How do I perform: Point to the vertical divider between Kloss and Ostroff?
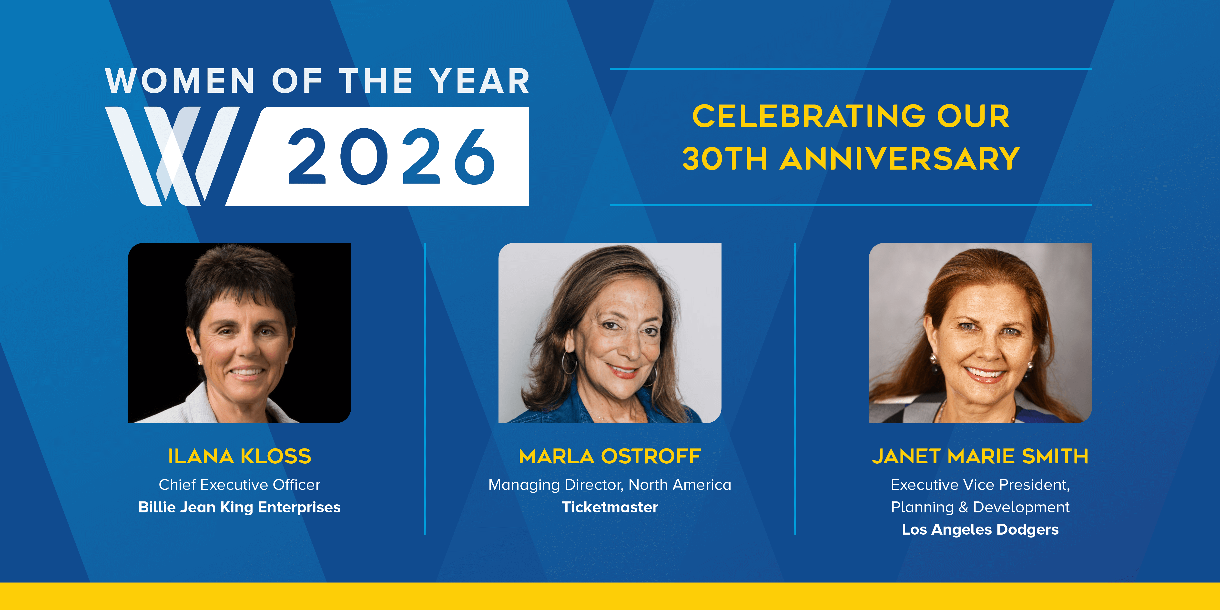click(x=425, y=388)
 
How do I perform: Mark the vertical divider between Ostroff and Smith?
click(x=795, y=388)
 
